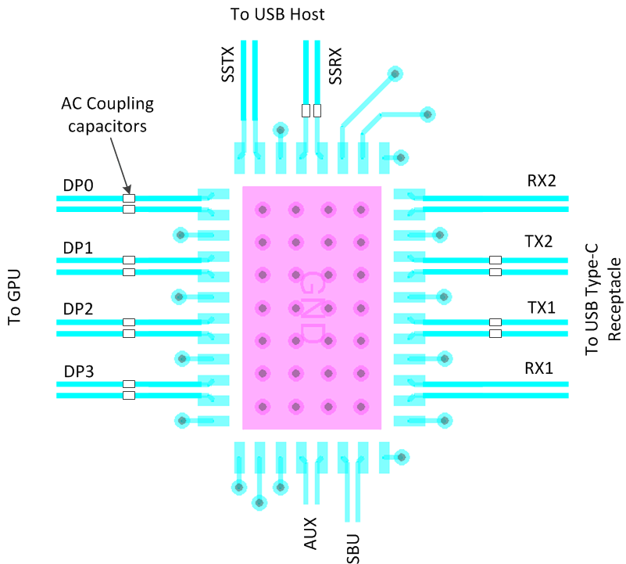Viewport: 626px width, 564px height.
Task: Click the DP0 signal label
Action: [78, 186]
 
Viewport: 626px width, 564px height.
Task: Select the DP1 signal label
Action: [78, 249]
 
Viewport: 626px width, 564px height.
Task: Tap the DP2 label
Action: [78, 310]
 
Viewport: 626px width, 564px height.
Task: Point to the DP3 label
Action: [78, 372]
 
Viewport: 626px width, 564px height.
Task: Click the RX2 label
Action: [541, 181]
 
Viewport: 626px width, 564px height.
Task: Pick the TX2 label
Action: [538, 240]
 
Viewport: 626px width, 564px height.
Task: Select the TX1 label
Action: [538, 308]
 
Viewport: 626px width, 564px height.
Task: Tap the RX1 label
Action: [538, 368]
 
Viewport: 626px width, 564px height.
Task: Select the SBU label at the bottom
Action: [353, 546]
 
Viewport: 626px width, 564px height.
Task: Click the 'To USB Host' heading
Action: [277, 14]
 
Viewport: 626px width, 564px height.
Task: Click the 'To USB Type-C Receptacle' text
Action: [603, 297]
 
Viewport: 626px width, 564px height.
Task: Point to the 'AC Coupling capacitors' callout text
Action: [108, 115]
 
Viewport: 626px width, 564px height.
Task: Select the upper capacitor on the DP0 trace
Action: [129, 199]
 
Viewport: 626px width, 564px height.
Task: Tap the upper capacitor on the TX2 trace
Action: [495, 260]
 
